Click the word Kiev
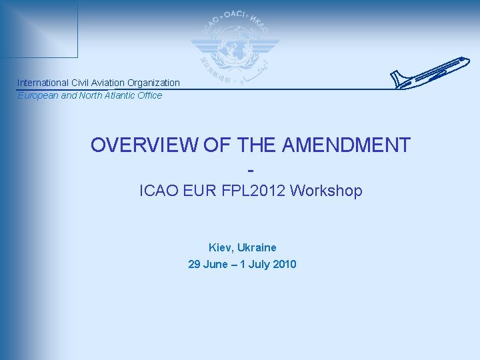click(219, 247)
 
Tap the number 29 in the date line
click(194, 264)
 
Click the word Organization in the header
click(153, 83)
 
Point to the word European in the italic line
click(37, 95)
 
